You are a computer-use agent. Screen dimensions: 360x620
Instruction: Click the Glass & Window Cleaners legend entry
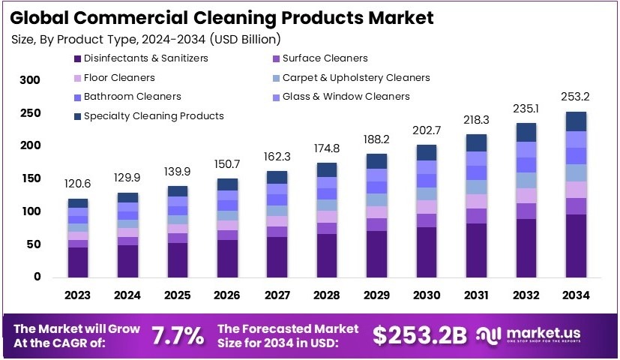(x=346, y=96)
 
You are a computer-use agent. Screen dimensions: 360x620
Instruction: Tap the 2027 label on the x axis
(x=277, y=296)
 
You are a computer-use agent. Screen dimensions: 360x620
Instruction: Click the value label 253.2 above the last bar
(x=576, y=97)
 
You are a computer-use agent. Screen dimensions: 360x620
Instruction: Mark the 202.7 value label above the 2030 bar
(x=426, y=130)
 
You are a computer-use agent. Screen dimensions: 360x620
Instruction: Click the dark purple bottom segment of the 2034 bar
(x=576, y=245)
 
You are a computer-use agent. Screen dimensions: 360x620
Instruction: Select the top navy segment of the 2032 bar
(x=526, y=132)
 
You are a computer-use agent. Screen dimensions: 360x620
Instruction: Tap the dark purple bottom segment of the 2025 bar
(x=178, y=259)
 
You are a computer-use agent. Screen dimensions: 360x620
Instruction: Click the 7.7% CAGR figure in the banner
(x=178, y=336)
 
